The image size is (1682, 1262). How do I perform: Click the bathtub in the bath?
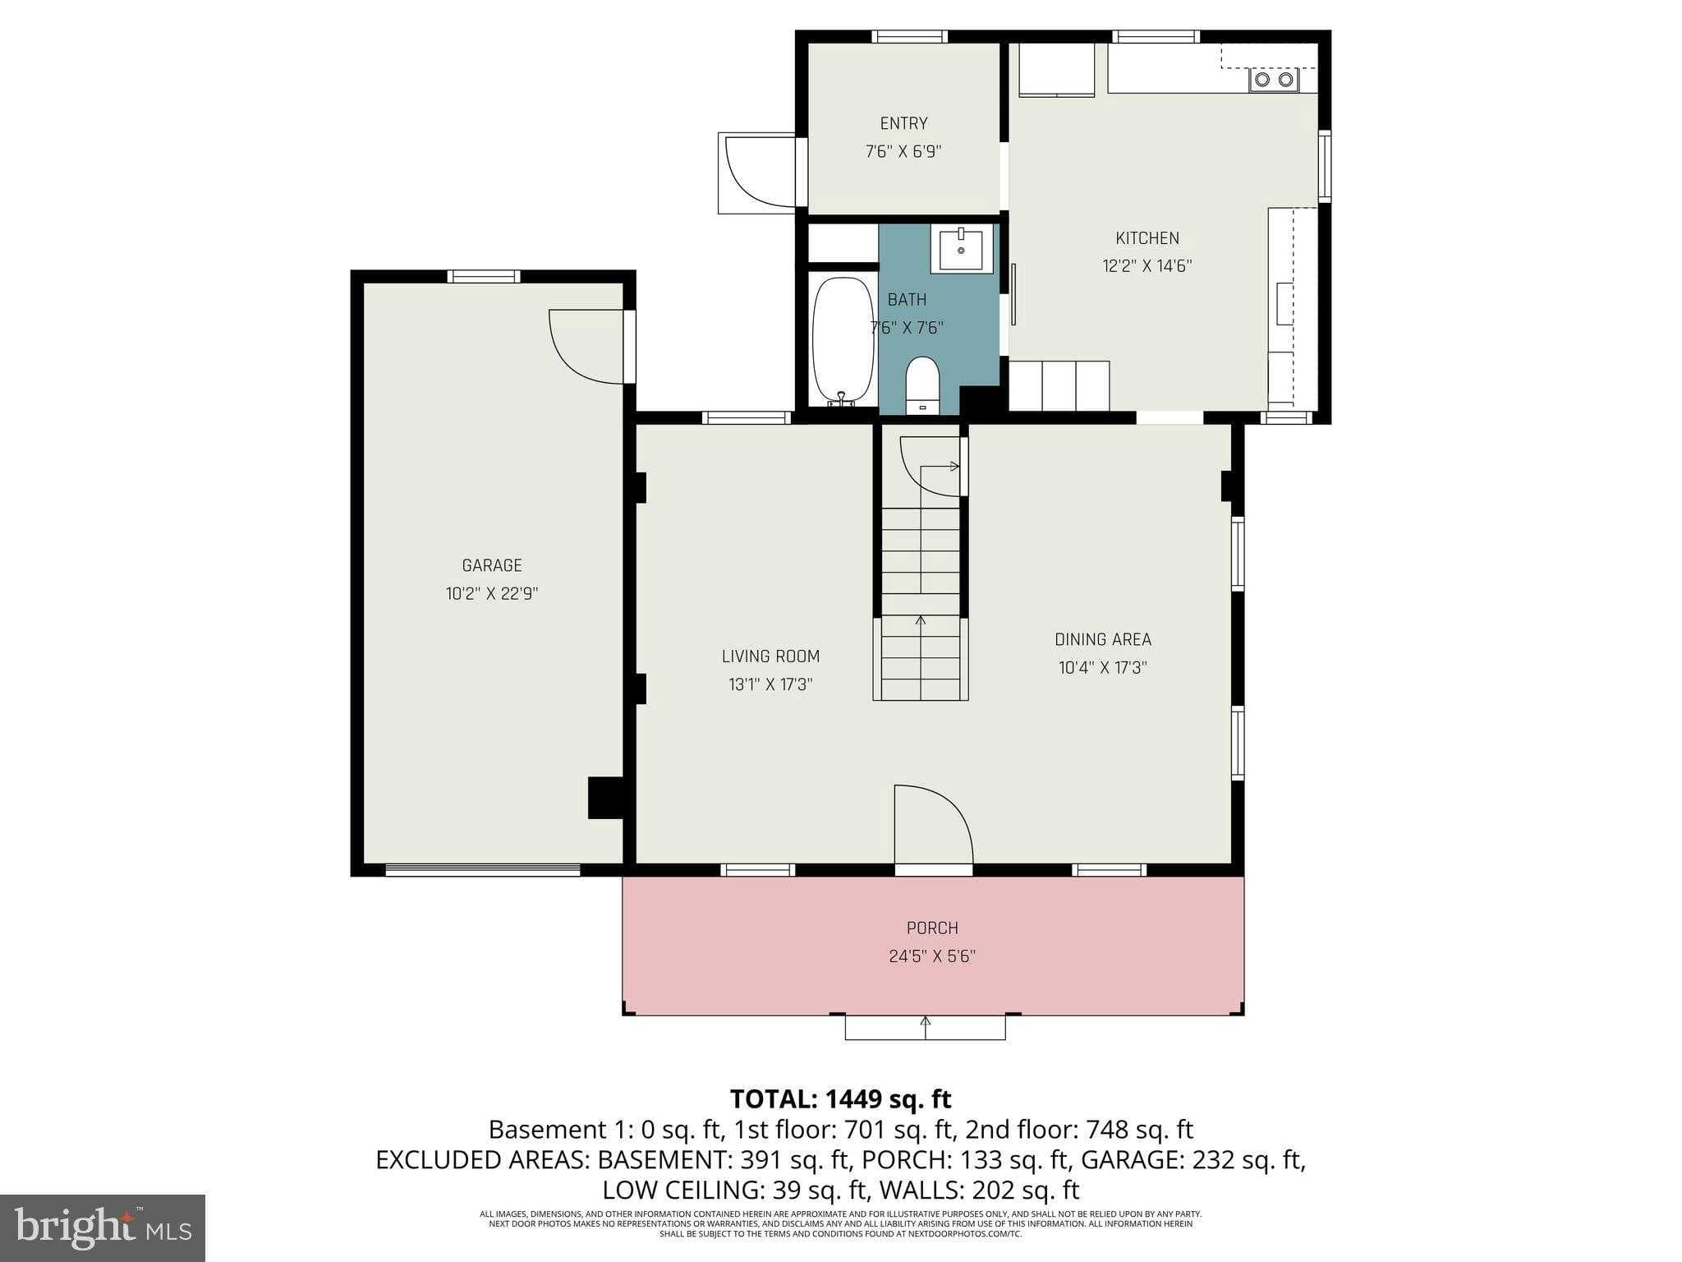843,339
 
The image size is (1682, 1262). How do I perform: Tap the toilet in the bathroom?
921,385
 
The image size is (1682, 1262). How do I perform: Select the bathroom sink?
961,248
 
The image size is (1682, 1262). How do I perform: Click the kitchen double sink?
1274,80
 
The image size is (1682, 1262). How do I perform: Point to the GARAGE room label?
491,565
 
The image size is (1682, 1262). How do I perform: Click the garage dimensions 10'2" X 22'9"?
491,593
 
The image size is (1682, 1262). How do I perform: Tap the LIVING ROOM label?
770,656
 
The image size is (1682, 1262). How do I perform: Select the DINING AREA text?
1102,639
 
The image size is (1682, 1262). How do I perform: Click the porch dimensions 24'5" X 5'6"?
931,956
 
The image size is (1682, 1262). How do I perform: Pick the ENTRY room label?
903,123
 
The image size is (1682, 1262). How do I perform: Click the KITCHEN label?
1147,238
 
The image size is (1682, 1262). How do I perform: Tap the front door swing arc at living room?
936,822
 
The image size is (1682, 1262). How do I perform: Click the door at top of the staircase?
932,466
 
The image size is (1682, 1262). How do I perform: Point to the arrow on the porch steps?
925,1024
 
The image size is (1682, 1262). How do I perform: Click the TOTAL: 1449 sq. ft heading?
840,1098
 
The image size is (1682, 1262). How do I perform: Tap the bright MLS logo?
102,1227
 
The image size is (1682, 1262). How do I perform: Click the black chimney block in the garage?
605,798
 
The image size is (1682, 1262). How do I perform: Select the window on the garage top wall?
483,276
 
